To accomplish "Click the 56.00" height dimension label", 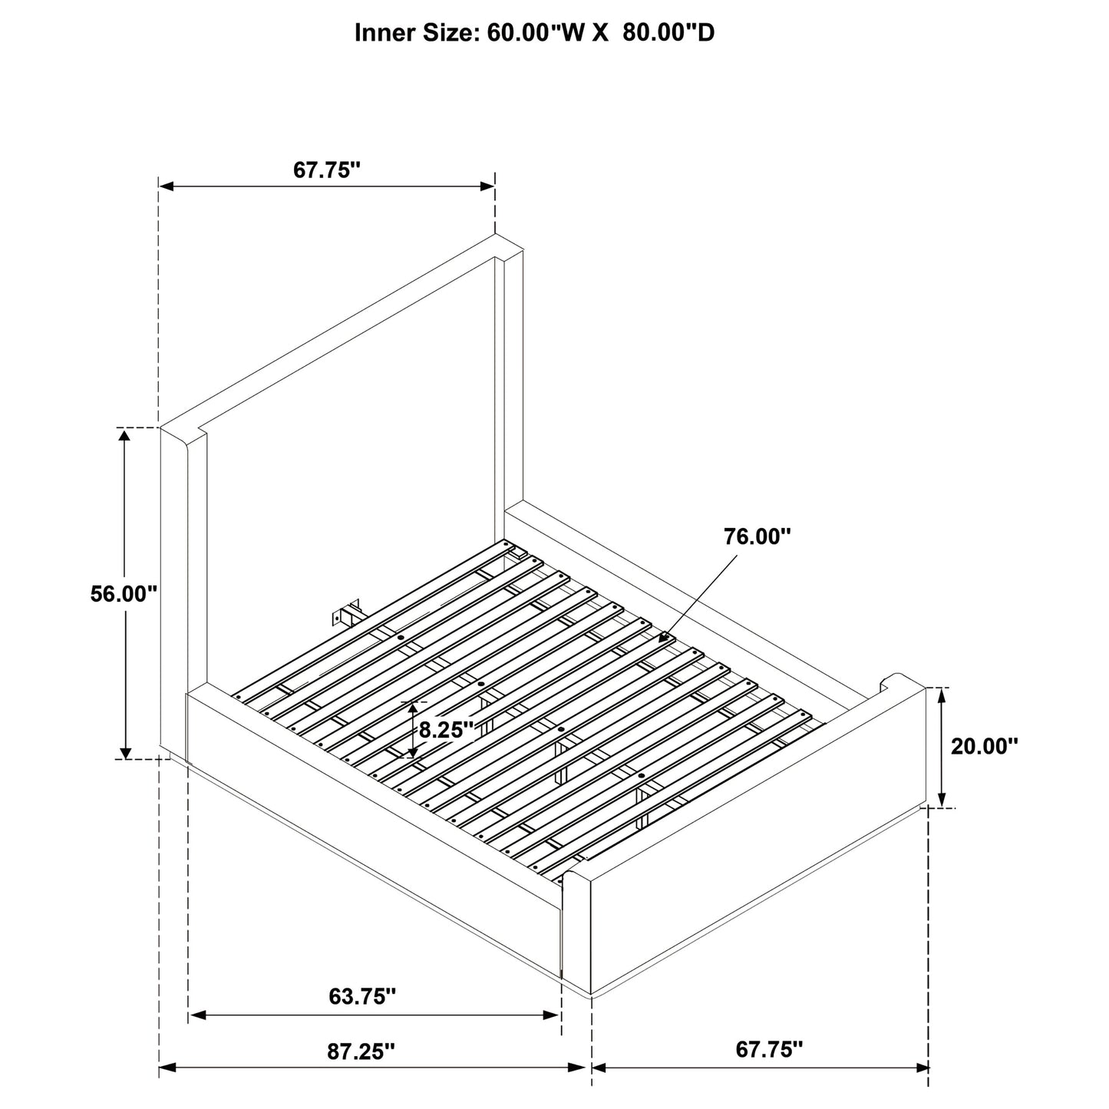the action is coord(124,594).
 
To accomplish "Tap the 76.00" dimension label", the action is coord(757,536).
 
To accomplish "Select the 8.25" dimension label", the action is coord(446,731).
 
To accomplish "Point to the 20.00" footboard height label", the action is coord(984,747).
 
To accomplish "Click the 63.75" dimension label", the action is coord(362,996).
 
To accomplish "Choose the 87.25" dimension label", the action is coord(361,1051).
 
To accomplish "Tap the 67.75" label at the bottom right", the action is coord(769,1049).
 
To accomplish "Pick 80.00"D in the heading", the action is coord(668,33).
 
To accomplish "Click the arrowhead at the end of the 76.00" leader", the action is coord(664,638).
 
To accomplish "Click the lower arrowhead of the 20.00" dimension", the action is coord(942,800).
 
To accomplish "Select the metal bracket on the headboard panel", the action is coord(346,614).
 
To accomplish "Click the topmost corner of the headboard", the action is coord(495,234).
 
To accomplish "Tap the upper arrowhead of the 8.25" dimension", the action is coord(413,709).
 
